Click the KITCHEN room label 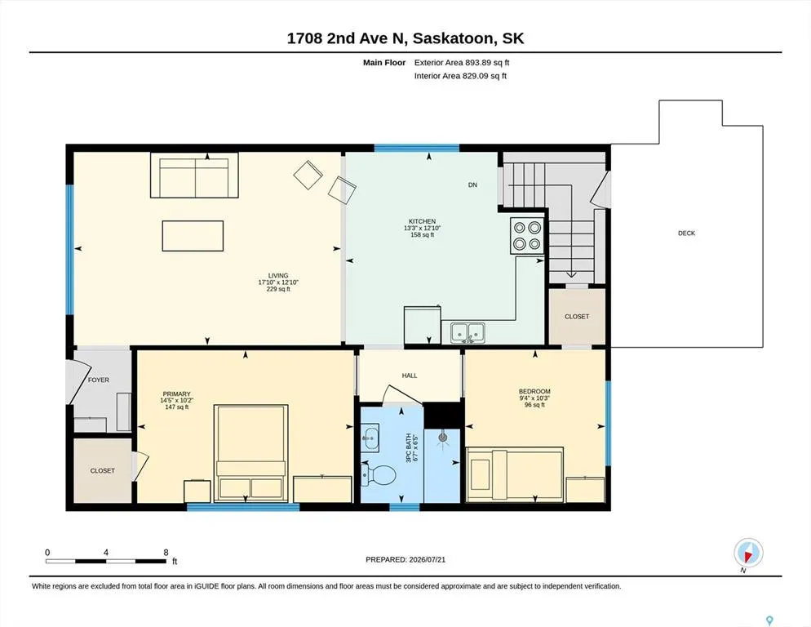pos(422,221)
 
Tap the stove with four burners pos(527,236)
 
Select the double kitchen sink pos(468,332)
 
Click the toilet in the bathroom pos(379,474)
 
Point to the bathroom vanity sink pos(370,438)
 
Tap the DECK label pos(686,233)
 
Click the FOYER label pos(98,380)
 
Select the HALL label pos(410,376)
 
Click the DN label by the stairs pos(472,185)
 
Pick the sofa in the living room pos(194,175)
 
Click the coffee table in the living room pos(193,236)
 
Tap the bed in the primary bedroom pos(250,453)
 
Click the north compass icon pos(748,553)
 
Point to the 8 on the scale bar pos(166,553)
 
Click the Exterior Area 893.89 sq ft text pos(462,63)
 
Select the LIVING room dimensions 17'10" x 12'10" pos(278,282)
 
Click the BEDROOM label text pos(534,391)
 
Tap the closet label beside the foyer pos(103,470)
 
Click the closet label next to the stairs pos(577,316)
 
